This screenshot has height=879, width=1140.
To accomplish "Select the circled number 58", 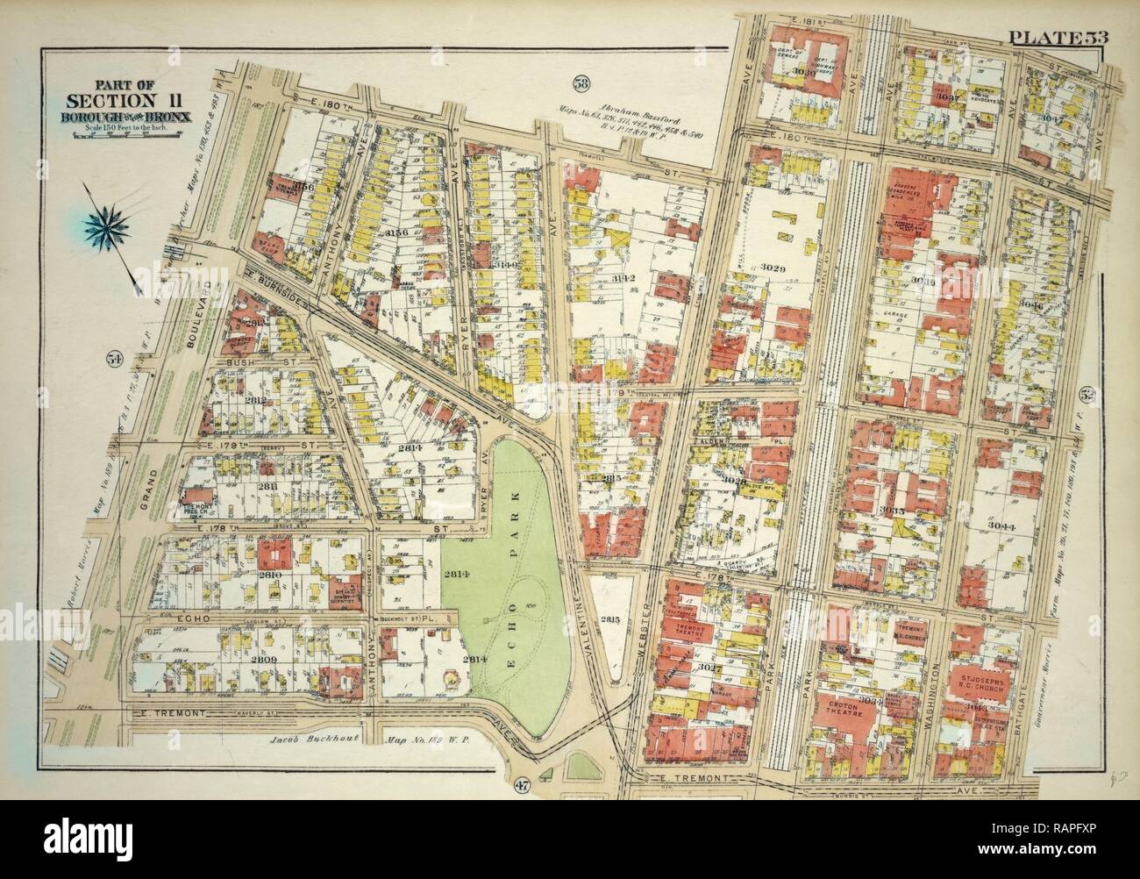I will (x=580, y=85).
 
